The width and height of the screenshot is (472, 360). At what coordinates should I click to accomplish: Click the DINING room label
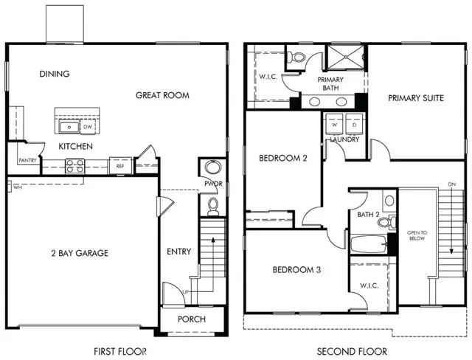coord(55,74)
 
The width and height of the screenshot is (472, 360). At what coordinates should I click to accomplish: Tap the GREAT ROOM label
coord(162,95)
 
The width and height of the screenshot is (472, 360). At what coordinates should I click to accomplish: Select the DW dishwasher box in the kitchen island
coord(87,127)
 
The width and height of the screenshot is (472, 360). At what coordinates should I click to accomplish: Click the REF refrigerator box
coord(119,167)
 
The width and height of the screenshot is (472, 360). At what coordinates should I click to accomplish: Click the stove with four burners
coord(74,167)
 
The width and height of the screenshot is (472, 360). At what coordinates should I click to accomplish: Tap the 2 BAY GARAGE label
coord(80,253)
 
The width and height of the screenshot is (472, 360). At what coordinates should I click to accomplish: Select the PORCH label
coord(191,319)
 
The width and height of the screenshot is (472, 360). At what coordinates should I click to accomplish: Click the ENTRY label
coord(178,252)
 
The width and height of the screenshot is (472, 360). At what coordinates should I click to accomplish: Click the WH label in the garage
coord(16,187)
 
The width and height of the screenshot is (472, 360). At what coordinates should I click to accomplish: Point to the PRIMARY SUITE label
coord(415,97)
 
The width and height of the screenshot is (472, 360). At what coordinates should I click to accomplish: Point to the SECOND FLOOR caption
coord(353,351)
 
